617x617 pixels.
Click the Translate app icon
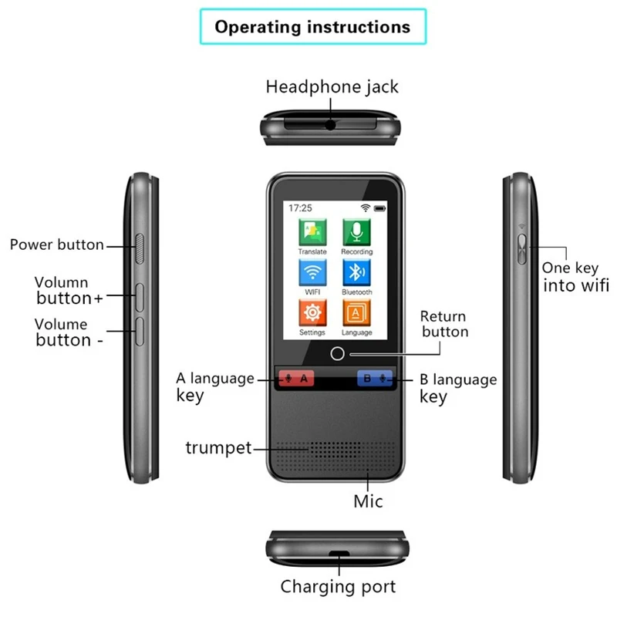coord(312,231)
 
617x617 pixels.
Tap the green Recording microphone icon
coord(356,231)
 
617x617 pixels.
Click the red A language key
coord(296,378)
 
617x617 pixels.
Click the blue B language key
coord(374,378)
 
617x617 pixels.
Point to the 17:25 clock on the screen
coord(300,208)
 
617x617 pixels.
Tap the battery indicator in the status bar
coord(379,208)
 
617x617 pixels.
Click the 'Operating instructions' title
coord(312,27)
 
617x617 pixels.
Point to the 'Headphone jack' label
coord(332,86)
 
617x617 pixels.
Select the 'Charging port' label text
coord(338,587)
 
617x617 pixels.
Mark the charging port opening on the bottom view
coord(337,554)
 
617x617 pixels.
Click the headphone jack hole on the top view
coord(331,123)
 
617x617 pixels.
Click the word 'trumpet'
coord(218,447)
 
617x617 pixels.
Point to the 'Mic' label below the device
coord(369,501)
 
